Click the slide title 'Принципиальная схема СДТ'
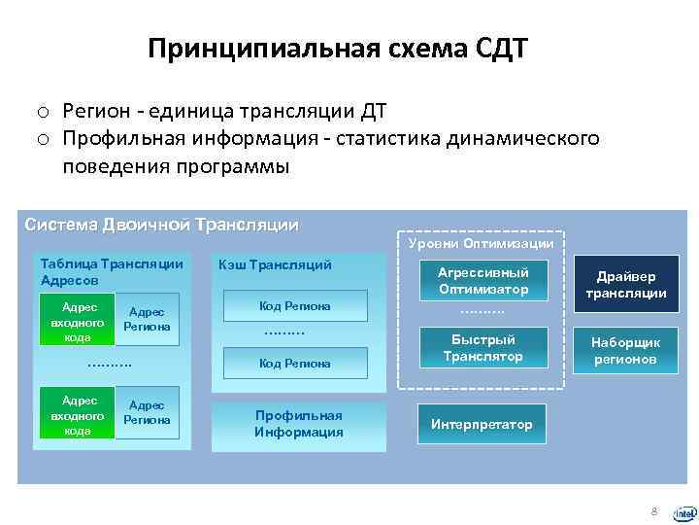pos(337,49)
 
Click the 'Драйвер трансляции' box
pos(631,285)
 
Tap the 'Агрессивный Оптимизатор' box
pos(483,281)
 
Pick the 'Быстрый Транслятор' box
pos(483,348)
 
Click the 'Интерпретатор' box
pos(483,425)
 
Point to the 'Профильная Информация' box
pos(299,423)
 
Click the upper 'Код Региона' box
pos(295,306)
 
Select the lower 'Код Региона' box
pos(295,363)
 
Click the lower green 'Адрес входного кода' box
pos(77,413)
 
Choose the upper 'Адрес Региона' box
pos(148,319)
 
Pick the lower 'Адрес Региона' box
pos(148,412)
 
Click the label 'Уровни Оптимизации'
pos(482,243)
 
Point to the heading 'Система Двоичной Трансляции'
pos(161,225)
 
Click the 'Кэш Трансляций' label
pos(276,264)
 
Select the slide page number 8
pos(654,510)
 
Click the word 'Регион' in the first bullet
pos(98,112)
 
